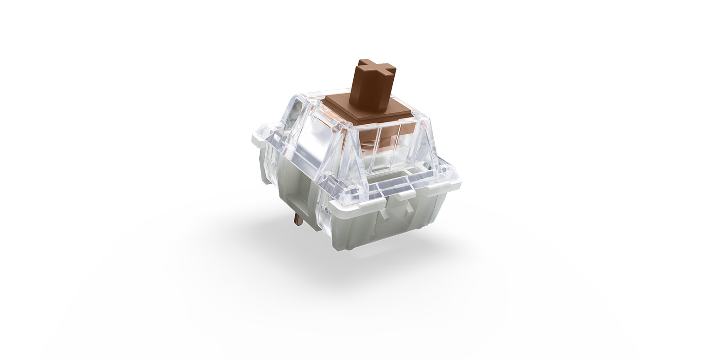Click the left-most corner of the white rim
[x=251, y=134]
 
